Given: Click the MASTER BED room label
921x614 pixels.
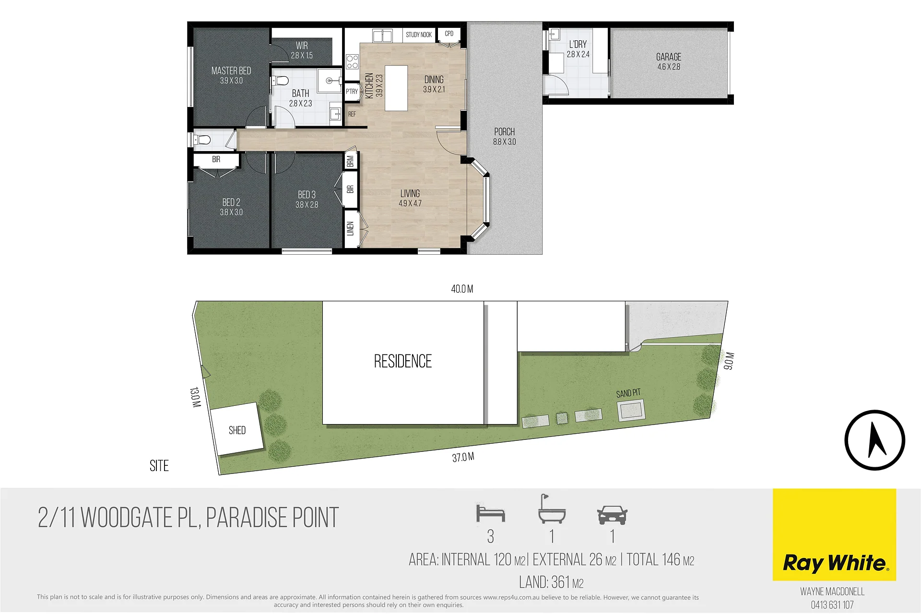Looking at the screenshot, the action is pyautogui.click(x=231, y=71).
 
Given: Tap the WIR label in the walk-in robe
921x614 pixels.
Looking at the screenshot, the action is pyautogui.click(x=302, y=46).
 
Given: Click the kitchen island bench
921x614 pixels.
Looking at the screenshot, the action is pyautogui.click(x=396, y=88).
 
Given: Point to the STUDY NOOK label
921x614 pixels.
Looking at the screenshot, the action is pyautogui.click(x=419, y=35).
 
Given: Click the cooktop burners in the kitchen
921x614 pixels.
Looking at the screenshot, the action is pyautogui.click(x=352, y=62).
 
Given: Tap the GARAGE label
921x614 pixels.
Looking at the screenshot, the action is pyautogui.click(x=669, y=57).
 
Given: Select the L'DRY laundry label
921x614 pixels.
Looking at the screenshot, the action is pyautogui.click(x=578, y=44).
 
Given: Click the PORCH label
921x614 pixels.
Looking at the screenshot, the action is pyautogui.click(x=505, y=131).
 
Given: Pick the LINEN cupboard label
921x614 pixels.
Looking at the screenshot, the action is pyautogui.click(x=351, y=228).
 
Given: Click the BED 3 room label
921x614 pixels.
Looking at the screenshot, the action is pyautogui.click(x=307, y=194).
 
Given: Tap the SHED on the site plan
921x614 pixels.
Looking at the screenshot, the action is pyautogui.click(x=237, y=429).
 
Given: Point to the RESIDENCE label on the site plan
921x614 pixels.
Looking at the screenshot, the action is pyautogui.click(x=403, y=361).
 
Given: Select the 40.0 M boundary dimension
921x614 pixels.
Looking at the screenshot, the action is pyautogui.click(x=462, y=289).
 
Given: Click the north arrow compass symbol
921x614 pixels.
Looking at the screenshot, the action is pyautogui.click(x=875, y=440).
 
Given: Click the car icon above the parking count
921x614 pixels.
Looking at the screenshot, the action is pyautogui.click(x=612, y=515).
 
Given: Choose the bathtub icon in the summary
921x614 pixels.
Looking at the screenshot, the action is pyautogui.click(x=552, y=509).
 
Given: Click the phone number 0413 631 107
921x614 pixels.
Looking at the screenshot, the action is pyautogui.click(x=832, y=605).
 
